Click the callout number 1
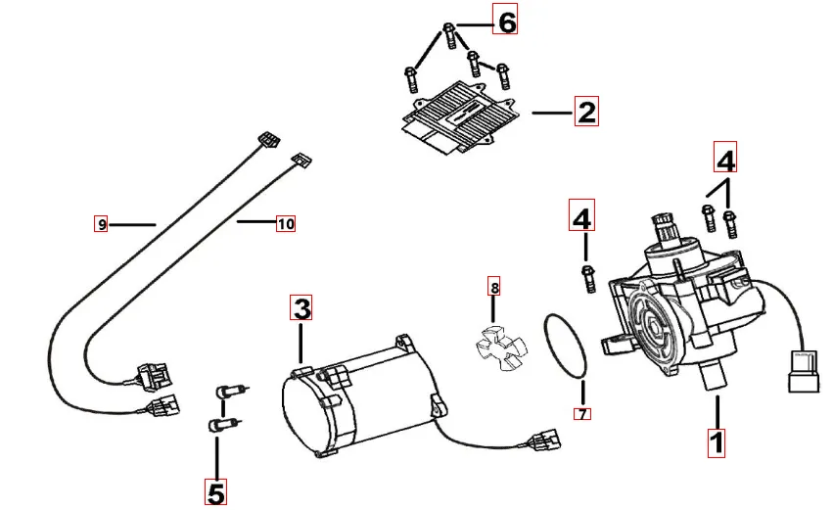[717, 440]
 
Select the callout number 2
[585, 112]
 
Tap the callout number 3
[302, 309]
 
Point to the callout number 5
[216, 491]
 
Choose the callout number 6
[505, 21]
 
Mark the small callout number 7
[582, 414]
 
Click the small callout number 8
[494, 288]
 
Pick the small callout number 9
[101, 224]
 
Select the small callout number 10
[285, 224]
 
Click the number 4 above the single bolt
[582, 216]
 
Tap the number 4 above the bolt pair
[725, 158]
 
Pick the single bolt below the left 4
[588, 278]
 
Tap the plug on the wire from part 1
[802, 370]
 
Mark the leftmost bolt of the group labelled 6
[410, 76]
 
